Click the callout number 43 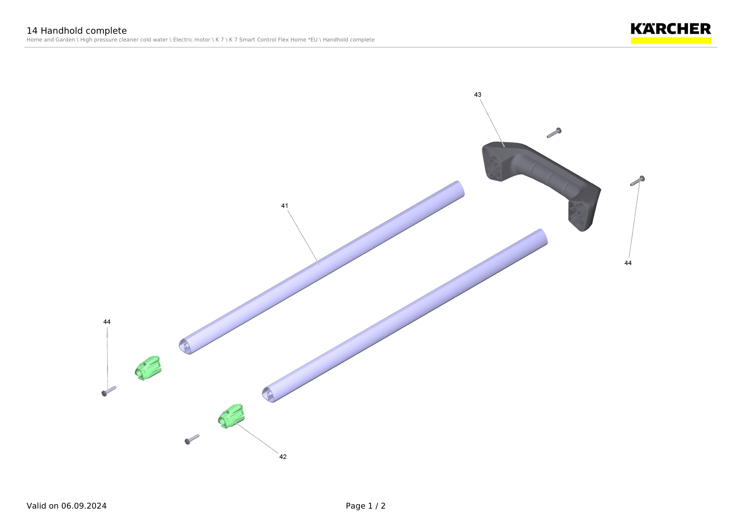point(477,95)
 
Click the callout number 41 point(284,206)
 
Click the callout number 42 point(283,457)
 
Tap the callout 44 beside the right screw point(628,263)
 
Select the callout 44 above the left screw point(107,322)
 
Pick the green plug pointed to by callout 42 point(231,416)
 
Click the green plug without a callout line point(148,368)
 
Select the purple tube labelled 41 point(322,267)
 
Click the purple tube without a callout point(405,315)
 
